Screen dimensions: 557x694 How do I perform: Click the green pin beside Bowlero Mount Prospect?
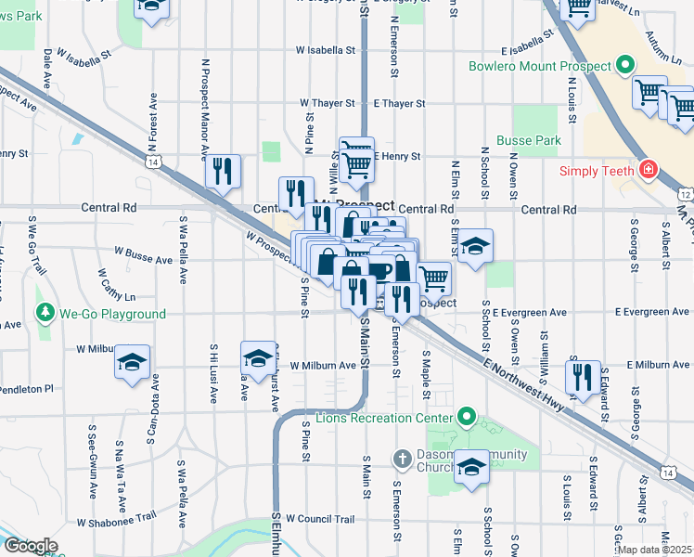[x=625, y=67]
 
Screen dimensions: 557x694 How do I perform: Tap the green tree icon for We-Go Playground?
[x=44, y=314]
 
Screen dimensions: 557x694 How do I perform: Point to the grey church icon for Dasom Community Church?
[x=401, y=458]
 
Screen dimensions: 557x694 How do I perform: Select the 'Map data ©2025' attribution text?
[x=653, y=550]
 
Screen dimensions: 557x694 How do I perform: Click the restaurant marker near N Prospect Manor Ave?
[x=223, y=171]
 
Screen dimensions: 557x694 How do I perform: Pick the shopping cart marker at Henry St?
[x=356, y=163]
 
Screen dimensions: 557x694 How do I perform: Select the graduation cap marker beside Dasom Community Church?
[x=471, y=467]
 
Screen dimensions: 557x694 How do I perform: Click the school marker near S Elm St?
[x=475, y=246]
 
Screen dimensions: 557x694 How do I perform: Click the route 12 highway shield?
[x=685, y=194]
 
